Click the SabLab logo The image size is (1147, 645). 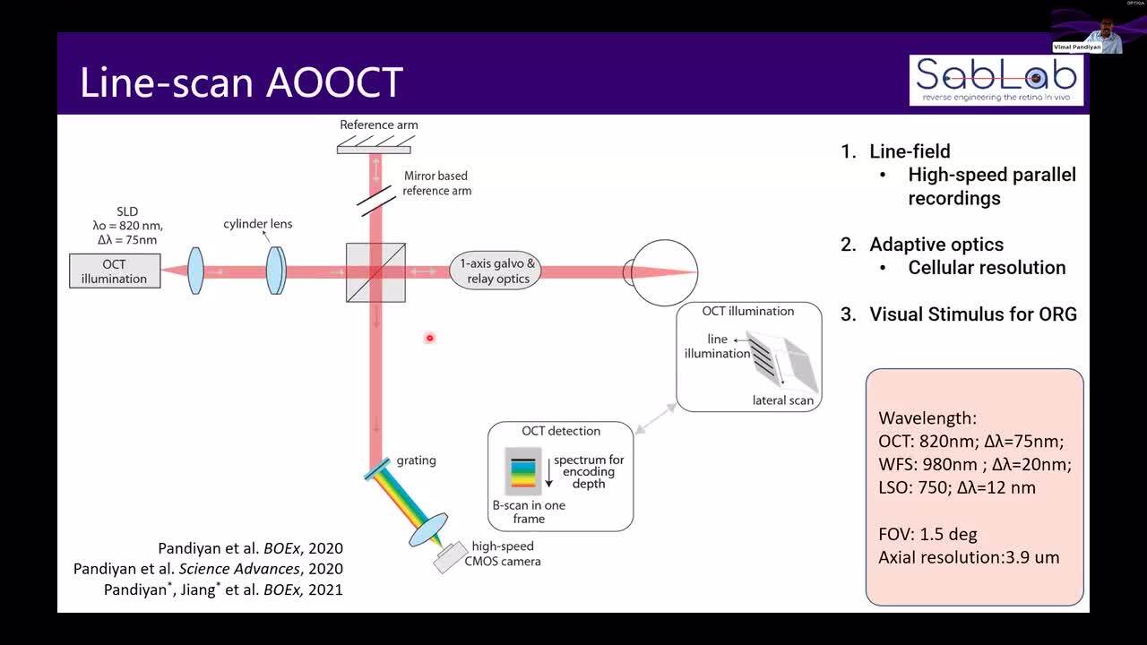(x=996, y=80)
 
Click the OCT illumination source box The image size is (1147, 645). (x=115, y=271)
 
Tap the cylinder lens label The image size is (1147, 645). (x=258, y=224)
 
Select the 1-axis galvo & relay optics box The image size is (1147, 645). (x=498, y=271)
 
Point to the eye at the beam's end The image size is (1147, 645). (x=663, y=271)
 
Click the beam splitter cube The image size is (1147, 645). (x=375, y=272)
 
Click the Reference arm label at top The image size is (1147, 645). (x=378, y=125)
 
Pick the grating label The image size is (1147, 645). (x=416, y=460)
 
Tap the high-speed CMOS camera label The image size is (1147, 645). (x=505, y=554)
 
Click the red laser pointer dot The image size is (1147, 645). (x=430, y=338)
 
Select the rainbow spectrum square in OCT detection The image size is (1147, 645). (x=523, y=476)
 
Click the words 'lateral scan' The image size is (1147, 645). (x=782, y=400)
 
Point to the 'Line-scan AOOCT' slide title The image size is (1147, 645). (x=242, y=82)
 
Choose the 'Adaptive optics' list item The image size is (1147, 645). (x=936, y=245)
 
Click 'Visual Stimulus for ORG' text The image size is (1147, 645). (x=972, y=314)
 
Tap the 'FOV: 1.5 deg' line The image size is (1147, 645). (x=927, y=534)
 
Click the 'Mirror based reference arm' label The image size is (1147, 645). (x=436, y=183)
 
